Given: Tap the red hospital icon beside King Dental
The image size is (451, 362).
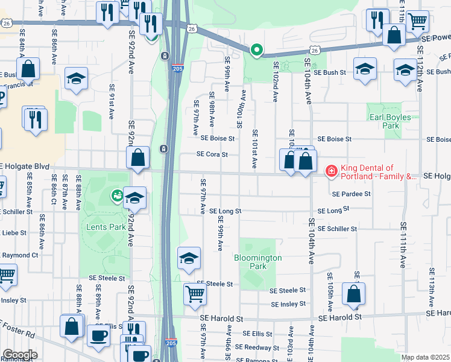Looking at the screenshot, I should coord(330,172).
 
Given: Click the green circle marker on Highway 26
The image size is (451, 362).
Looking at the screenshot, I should coord(257,50).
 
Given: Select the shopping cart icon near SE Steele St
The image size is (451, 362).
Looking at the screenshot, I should coord(195,294).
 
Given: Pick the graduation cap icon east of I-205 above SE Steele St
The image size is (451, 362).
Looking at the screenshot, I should coord(189,258).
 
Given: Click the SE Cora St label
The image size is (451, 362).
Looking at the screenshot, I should coord(212,154).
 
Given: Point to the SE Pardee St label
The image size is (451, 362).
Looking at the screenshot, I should coord(350,194).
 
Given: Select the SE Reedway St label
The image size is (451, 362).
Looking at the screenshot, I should coord(256,347).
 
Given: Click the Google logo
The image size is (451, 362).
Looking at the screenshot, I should coord(19,355).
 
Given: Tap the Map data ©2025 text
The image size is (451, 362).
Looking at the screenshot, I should coord(425,357).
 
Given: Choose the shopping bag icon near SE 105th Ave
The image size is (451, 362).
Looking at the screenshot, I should coord(353,294).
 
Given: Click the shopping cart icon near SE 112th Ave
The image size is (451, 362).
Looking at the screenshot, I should coord(417,21).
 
